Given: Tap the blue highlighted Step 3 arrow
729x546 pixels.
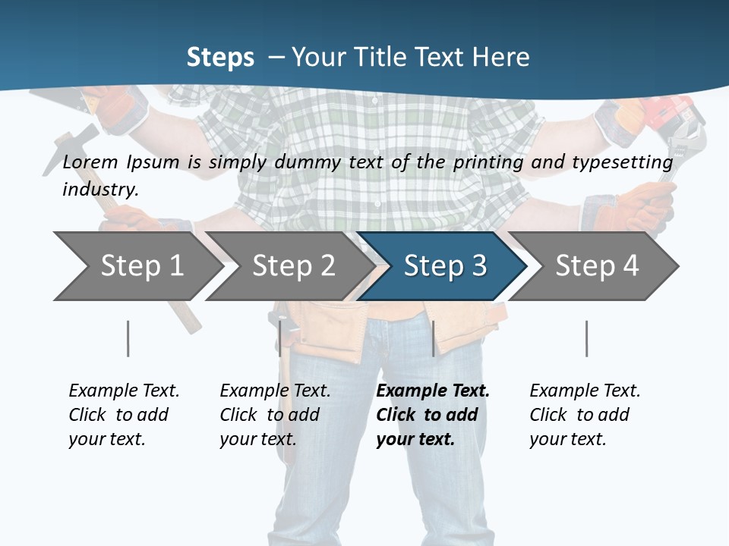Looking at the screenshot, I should tap(444, 266).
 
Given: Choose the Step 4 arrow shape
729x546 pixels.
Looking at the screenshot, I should tap(596, 266).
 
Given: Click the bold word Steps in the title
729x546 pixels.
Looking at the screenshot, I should tap(220, 57).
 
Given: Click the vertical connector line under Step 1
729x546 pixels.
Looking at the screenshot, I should tap(128, 338).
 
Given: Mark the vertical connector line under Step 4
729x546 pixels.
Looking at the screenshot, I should tap(586, 338).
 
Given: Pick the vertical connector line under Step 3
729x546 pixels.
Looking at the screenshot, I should tap(433, 338).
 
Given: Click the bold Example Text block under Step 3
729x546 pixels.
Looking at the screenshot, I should tap(431, 414).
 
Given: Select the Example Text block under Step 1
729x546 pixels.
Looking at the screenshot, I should tap(123, 414).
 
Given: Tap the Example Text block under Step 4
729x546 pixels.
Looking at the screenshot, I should tap(584, 414).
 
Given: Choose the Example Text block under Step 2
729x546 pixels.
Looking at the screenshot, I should tap(274, 414).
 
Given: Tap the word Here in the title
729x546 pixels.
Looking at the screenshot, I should tap(501, 57).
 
